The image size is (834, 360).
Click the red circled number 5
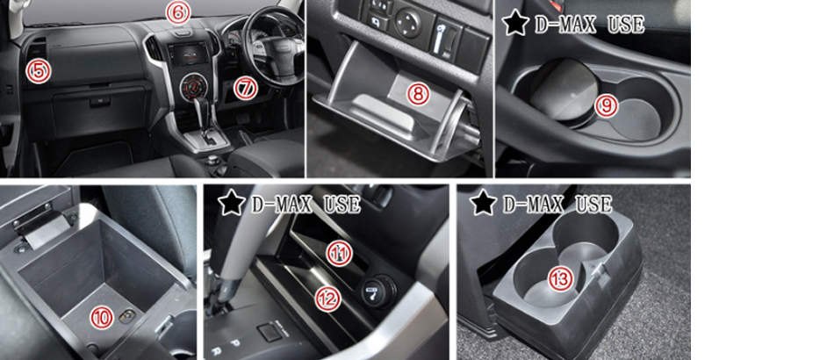click(x=39, y=71)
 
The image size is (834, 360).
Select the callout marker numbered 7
click(x=245, y=89)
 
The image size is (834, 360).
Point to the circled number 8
click(x=418, y=94)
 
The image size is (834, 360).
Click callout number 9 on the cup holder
click(x=606, y=105)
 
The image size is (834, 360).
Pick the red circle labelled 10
click(x=102, y=318)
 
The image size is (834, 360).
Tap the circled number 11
click(x=339, y=254)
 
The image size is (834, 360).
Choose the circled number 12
click(x=327, y=299)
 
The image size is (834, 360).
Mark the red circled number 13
click(x=561, y=278)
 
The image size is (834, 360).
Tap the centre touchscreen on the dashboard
click(x=187, y=55)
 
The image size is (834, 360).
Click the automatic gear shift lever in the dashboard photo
click(x=205, y=114)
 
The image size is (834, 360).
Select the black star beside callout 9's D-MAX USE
click(x=515, y=24)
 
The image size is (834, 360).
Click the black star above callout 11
click(x=232, y=204)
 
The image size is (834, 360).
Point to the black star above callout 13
click(x=484, y=203)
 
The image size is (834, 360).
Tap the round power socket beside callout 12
click(x=379, y=290)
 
